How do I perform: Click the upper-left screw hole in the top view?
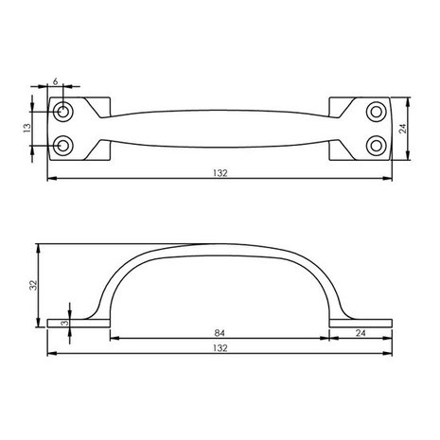point(63,113)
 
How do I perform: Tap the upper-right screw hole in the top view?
point(377,113)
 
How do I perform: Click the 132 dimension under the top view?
point(220,173)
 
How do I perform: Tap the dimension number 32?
point(32,283)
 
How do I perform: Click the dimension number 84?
point(220,332)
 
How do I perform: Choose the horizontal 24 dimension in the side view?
point(361,332)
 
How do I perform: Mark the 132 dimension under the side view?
point(220,349)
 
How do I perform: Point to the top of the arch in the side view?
point(220,246)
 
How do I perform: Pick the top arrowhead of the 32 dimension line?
point(39,245)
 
